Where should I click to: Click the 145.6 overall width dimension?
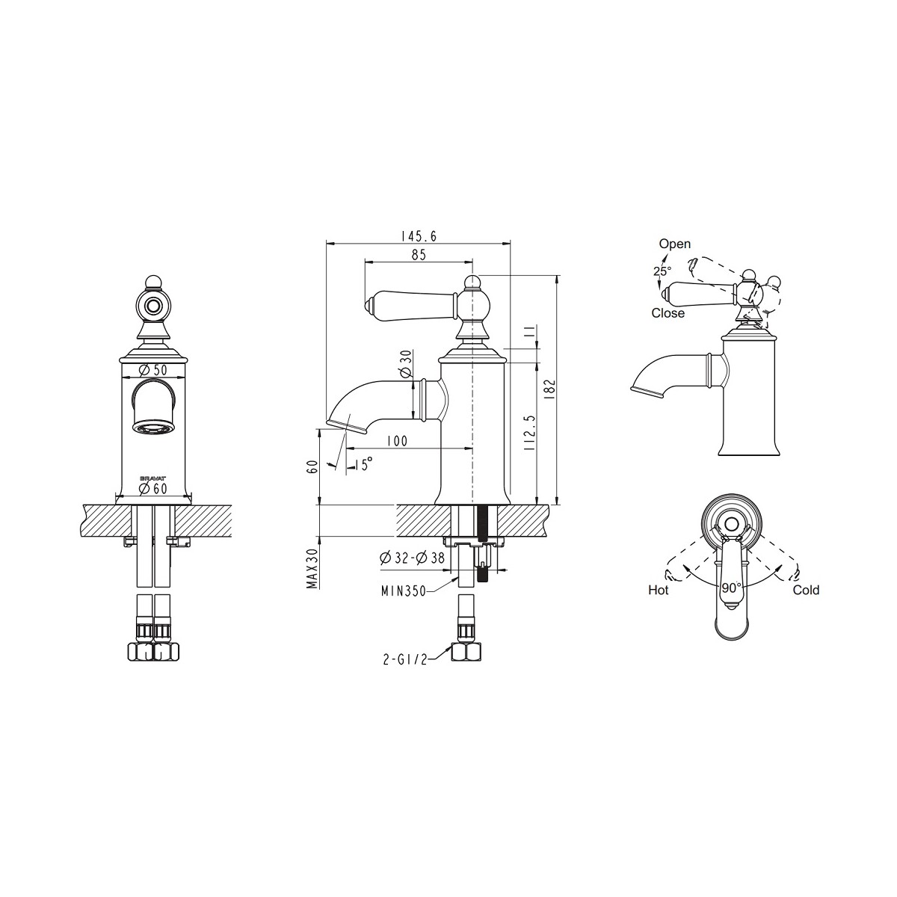tap(419, 236)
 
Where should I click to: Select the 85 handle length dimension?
tap(419, 255)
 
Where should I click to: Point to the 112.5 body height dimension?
tap(530, 433)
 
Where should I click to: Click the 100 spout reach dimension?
tap(397, 440)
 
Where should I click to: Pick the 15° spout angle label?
tap(364, 463)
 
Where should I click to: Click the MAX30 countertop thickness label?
tap(312, 568)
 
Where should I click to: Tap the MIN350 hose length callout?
tap(404, 591)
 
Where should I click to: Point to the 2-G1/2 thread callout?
tap(405, 660)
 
